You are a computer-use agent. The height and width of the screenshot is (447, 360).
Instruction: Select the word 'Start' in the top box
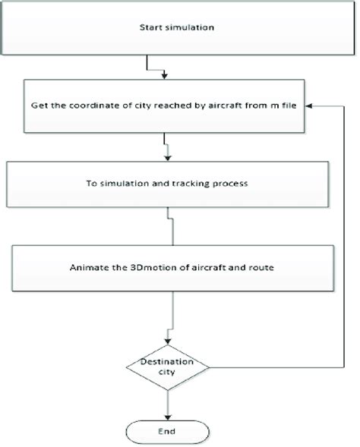point(150,28)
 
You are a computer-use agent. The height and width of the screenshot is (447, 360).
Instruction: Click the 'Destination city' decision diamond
point(166,368)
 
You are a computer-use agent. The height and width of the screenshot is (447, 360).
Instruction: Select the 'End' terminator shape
point(166,430)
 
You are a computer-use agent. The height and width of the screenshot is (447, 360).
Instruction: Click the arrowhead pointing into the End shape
point(166,416)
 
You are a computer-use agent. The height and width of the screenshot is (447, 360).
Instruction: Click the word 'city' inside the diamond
point(166,373)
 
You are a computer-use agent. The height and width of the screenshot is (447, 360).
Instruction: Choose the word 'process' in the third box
point(238,183)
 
